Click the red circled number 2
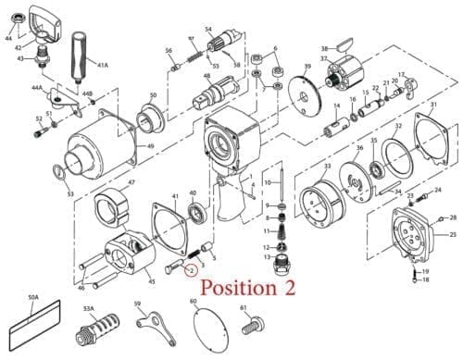click(x=188, y=270)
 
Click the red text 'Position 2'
click(x=248, y=288)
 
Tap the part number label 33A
click(x=89, y=308)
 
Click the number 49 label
click(x=150, y=146)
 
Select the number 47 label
click(x=131, y=182)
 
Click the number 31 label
click(x=432, y=106)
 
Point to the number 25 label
click(x=453, y=235)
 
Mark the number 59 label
click(x=137, y=303)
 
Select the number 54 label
click(x=208, y=30)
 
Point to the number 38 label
click(x=324, y=48)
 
